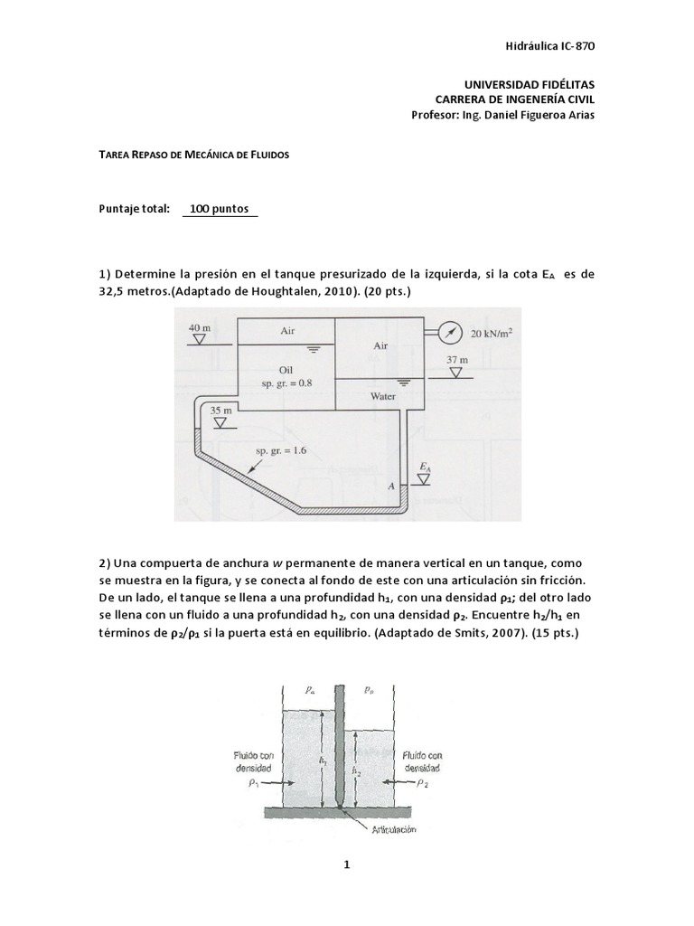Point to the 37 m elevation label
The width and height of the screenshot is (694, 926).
(x=457, y=359)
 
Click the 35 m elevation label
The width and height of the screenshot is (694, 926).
(x=221, y=410)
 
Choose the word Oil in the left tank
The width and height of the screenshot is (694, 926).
(x=286, y=369)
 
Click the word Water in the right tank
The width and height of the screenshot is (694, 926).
(x=383, y=396)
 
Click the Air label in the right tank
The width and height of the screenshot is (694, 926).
(x=380, y=345)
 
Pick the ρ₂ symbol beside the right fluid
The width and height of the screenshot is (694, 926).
(x=422, y=785)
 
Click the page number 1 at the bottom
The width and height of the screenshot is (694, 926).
(x=346, y=865)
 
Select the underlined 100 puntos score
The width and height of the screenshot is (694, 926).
(x=220, y=209)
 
